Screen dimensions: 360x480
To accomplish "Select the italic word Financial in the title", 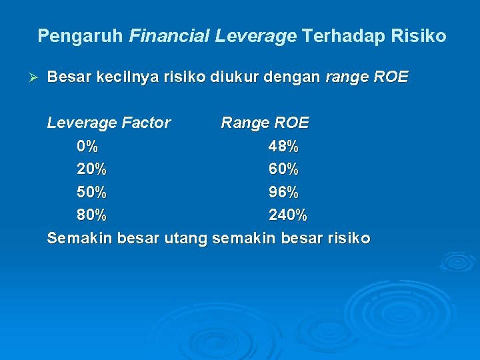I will click(169, 36).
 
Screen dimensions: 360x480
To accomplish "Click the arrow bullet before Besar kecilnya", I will click(37, 78).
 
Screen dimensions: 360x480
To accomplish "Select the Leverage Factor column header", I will click(109, 123).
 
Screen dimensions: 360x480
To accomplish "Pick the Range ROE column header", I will click(265, 123).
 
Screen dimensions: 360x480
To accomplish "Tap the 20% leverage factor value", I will click(91, 169).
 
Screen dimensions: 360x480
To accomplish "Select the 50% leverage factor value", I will click(91, 193).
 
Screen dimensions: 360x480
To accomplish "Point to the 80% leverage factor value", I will click(91, 215).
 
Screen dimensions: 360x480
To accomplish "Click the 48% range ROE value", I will click(283, 146).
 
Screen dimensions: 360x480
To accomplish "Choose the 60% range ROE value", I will click(283, 169).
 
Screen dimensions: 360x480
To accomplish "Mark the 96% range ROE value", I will click(283, 193).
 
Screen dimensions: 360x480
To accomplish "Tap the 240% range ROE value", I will click(287, 215).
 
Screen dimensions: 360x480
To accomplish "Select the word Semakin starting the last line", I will click(79, 239).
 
